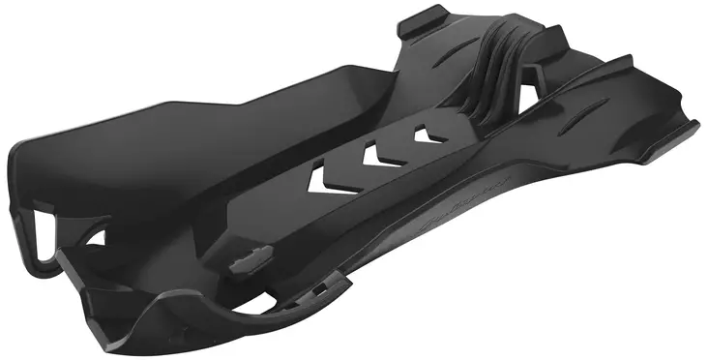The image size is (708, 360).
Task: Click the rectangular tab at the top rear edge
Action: pyautogui.click(x=425, y=20)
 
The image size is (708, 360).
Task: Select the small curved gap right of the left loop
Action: pyautogui.click(x=97, y=236)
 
